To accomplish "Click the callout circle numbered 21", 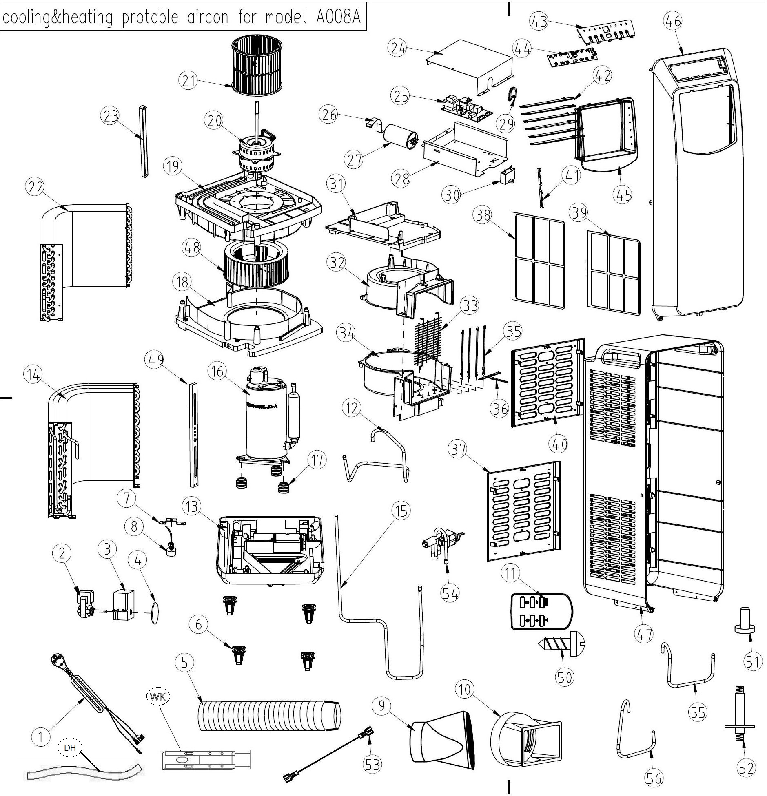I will pyautogui.click(x=188, y=81).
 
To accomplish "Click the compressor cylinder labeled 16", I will pyautogui.click(x=265, y=424).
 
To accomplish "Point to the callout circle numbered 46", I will pyautogui.click(x=673, y=21).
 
